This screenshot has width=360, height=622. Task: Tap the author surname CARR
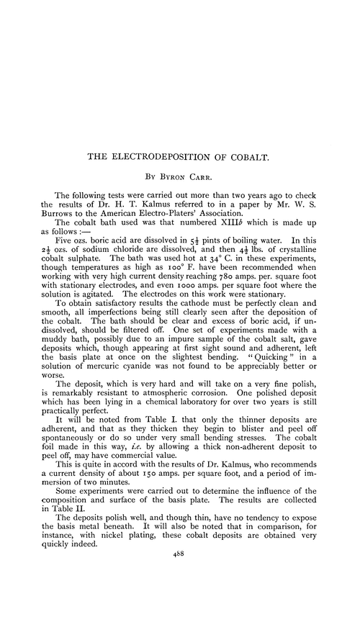pos(209,174)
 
